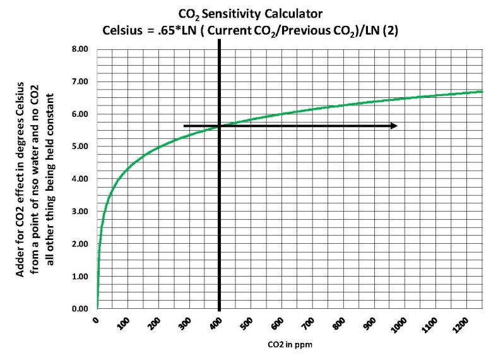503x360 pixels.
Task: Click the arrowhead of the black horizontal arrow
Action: coord(394,126)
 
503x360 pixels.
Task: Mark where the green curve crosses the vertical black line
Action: coord(219,126)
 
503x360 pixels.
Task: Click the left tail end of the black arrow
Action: coord(184,126)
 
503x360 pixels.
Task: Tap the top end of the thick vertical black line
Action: coord(219,40)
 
